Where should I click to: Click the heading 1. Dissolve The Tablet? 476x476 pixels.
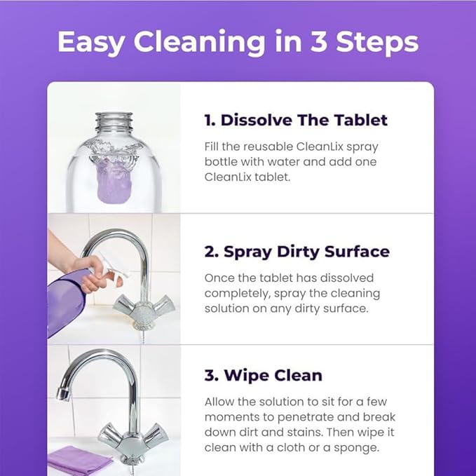tap(296, 120)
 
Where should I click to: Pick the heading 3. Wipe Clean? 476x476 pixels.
tap(263, 375)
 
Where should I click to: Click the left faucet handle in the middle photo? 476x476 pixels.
tap(125, 304)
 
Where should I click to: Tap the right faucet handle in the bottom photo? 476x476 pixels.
tap(156, 437)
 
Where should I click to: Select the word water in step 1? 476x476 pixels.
tap(302, 162)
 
